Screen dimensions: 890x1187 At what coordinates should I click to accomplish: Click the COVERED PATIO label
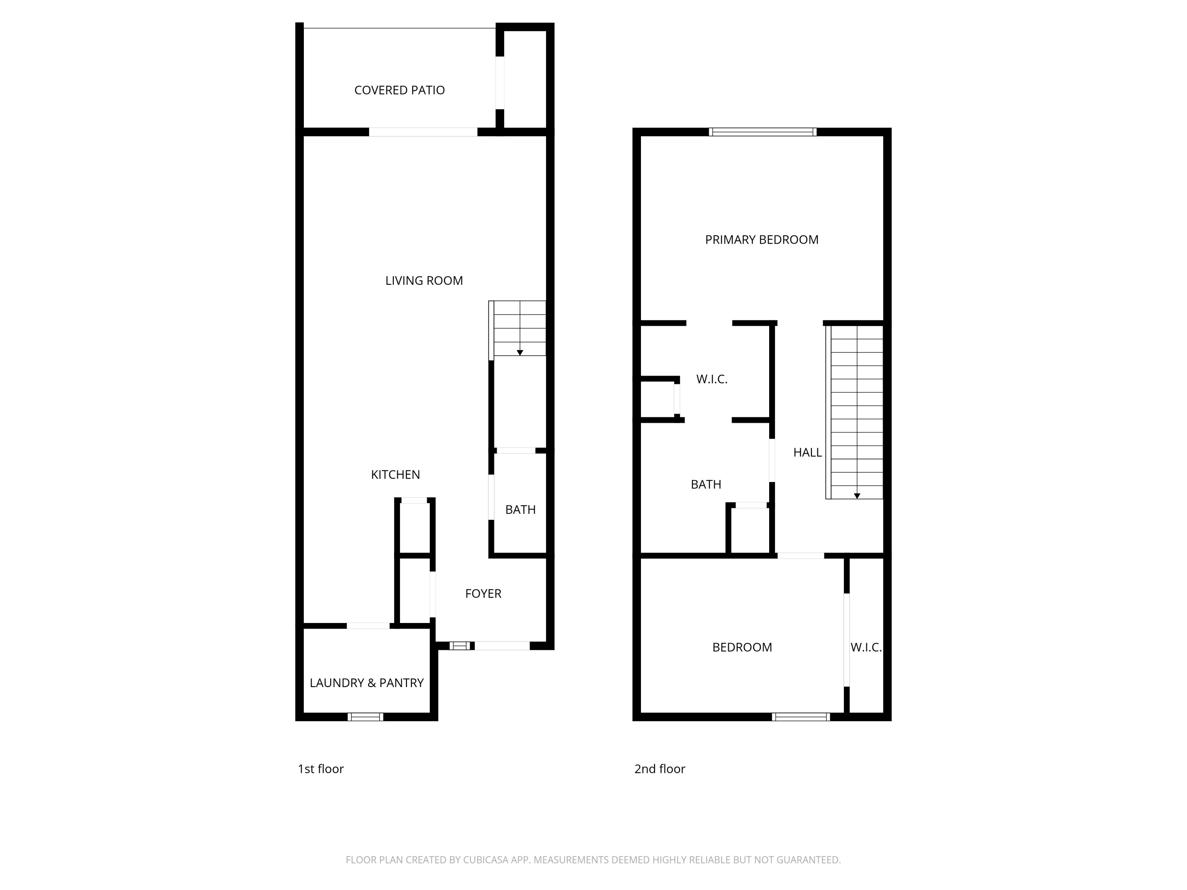click(399, 90)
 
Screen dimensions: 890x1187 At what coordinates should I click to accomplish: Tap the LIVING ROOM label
click(424, 280)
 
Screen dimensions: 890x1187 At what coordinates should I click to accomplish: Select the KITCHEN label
click(396, 475)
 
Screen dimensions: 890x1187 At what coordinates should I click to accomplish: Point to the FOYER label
click(483, 594)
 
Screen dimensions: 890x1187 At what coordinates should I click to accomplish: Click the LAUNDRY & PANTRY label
click(366, 683)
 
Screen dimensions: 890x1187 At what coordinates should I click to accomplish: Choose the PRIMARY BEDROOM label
click(762, 240)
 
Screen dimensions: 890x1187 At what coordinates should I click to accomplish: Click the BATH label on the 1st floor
click(521, 509)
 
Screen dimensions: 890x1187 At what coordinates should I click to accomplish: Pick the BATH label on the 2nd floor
click(705, 485)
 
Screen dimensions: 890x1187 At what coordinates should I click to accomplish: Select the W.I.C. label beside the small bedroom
click(866, 648)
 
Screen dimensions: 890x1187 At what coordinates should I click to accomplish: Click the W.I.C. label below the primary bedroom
click(711, 379)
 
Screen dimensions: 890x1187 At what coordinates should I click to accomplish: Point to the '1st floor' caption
click(320, 769)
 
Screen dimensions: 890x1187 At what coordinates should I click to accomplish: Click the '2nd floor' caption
click(660, 769)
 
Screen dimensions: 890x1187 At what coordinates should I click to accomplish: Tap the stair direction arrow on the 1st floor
click(520, 352)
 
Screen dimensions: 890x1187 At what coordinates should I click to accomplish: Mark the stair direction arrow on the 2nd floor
click(857, 496)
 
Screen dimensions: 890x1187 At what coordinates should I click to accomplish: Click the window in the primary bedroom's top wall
click(762, 132)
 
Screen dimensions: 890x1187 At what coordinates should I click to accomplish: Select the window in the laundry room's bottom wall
click(366, 717)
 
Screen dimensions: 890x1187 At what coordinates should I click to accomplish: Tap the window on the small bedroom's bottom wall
click(801, 717)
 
